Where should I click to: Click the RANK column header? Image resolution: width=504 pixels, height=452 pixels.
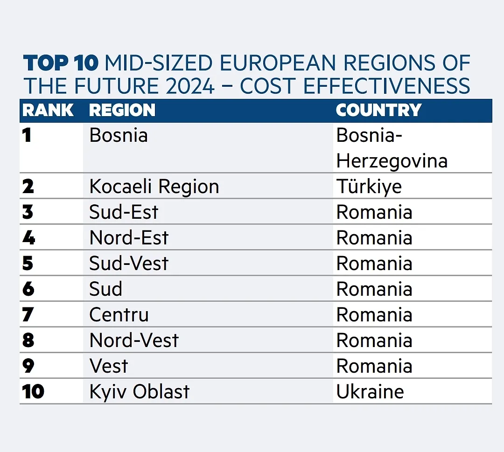tap(48, 111)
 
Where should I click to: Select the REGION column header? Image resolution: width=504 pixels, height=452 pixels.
tap(122, 111)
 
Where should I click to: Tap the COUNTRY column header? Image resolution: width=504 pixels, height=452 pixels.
tap(378, 111)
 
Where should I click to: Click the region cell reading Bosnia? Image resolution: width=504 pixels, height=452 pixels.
tap(119, 136)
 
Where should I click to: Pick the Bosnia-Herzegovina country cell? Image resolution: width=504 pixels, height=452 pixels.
tap(392, 148)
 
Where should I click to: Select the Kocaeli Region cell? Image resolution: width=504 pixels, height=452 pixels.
tap(154, 187)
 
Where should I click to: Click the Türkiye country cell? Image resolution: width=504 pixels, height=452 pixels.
tap(369, 187)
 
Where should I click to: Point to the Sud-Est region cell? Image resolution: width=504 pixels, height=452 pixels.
tap(124, 213)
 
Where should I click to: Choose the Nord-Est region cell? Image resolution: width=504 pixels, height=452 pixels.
tap(129, 238)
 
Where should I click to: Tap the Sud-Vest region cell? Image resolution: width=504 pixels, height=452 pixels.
tap(129, 264)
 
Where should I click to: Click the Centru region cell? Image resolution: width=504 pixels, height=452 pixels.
tap(119, 315)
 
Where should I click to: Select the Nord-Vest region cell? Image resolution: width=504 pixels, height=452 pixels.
tap(134, 341)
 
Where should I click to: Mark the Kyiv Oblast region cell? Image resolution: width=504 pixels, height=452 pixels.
tap(140, 392)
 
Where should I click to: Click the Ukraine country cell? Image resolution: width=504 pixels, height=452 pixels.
tap(370, 392)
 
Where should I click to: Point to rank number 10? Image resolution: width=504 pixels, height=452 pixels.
tap(33, 392)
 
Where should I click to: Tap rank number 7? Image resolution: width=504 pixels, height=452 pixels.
tap(28, 315)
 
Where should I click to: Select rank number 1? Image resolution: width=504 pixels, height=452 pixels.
tap(27, 136)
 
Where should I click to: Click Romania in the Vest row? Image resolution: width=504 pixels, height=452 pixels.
tap(374, 366)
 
